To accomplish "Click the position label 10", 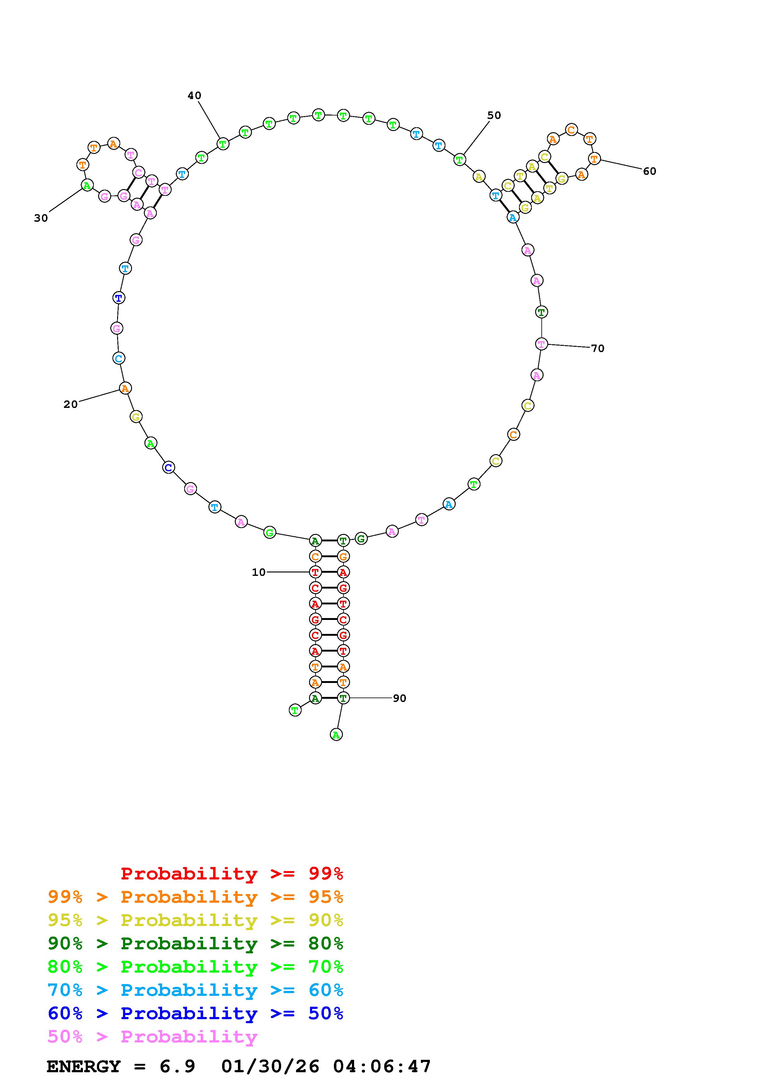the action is click(x=258, y=572).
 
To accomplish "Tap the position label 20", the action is click(x=71, y=404).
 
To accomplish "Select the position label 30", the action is click(x=41, y=218).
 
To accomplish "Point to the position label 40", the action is click(x=194, y=96).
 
